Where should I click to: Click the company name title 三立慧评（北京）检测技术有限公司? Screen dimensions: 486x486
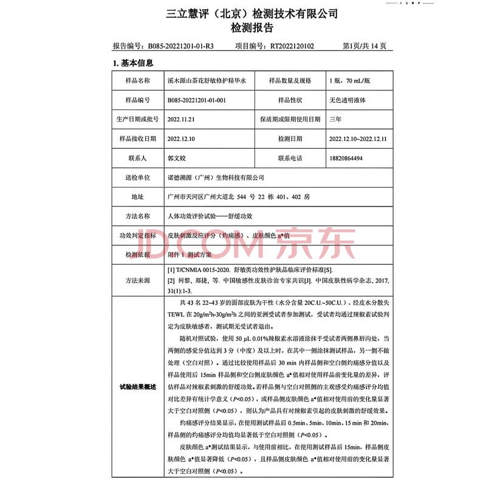243,13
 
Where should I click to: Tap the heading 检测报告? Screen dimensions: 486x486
243,28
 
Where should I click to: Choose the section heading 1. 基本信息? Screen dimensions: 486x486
132,63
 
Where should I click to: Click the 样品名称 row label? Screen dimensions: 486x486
137,80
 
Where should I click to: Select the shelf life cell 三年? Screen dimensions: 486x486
335,119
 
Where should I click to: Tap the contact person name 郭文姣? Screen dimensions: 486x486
176,158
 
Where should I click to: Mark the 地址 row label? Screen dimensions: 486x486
137,197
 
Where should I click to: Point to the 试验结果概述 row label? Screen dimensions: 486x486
137,386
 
